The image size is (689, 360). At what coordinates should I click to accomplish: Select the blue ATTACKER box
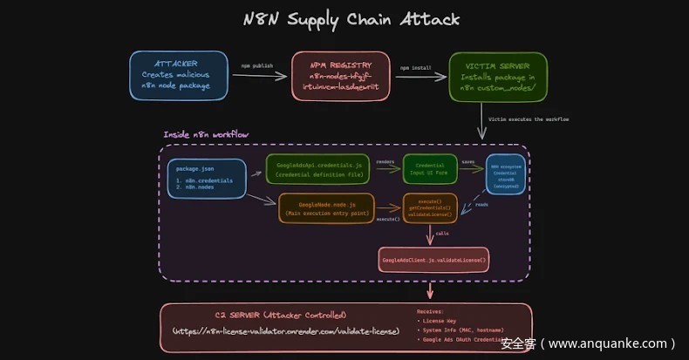180,74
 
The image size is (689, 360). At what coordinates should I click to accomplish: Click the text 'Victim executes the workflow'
529,118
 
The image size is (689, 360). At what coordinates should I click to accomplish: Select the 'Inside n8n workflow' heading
206,134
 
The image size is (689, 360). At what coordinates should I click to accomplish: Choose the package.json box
206,179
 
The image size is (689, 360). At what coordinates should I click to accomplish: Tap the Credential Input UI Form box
430,169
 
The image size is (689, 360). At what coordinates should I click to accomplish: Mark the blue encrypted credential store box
506,173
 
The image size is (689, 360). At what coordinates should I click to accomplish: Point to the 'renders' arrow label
385,161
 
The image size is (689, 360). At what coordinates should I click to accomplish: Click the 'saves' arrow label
468,161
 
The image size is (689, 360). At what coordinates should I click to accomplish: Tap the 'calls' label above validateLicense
443,234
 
